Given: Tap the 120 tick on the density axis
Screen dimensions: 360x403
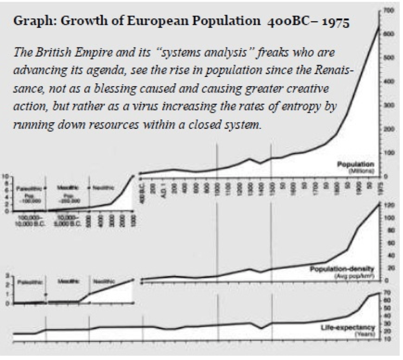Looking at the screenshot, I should coord(388,205).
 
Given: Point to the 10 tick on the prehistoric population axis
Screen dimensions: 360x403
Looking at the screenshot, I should coord(6,176).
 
